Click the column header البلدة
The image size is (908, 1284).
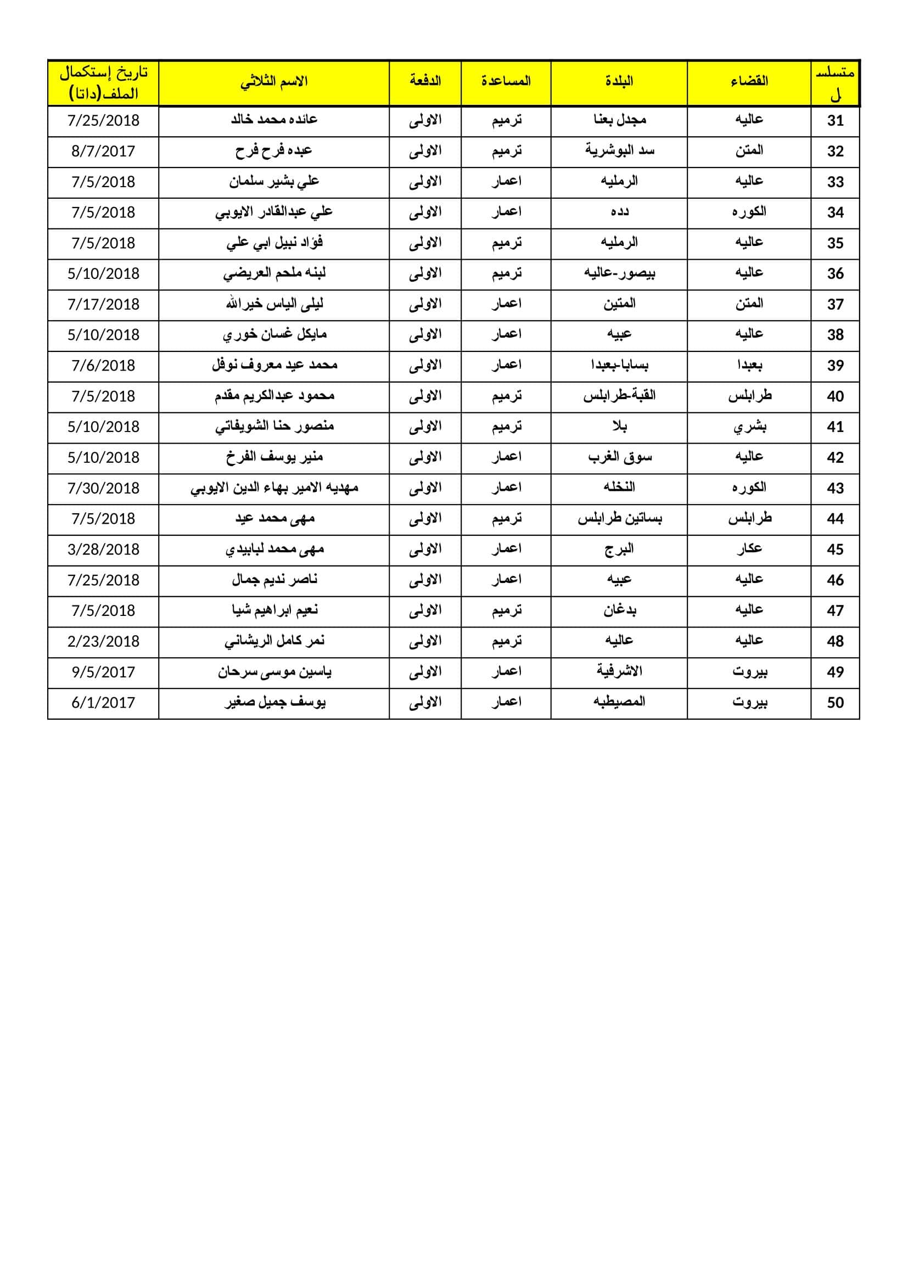[x=618, y=82]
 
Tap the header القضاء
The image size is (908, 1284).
[x=749, y=82]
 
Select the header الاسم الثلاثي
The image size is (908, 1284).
[x=274, y=82]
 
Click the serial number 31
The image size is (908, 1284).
[x=835, y=121]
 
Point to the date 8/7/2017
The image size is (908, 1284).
[x=103, y=152]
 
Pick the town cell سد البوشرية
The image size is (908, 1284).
[x=619, y=151]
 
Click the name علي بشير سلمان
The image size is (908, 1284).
[x=274, y=182]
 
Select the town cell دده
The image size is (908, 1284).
[x=619, y=212]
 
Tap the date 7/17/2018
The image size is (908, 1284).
[x=103, y=305]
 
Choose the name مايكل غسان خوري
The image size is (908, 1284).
[x=274, y=335]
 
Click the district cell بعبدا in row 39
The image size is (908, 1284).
[x=749, y=366]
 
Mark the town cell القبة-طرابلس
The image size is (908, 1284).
[x=619, y=396]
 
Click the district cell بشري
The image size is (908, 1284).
[x=749, y=427]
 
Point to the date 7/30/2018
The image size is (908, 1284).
[x=103, y=489]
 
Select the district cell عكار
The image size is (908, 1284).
[x=749, y=550]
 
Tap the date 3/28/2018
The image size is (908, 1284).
[x=103, y=550]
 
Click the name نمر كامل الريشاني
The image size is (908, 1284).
[x=274, y=641]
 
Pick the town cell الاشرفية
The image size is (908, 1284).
[x=619, y=671]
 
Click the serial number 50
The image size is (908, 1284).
[x=835, y=703]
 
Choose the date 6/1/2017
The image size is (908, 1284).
[x=103, y=703]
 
